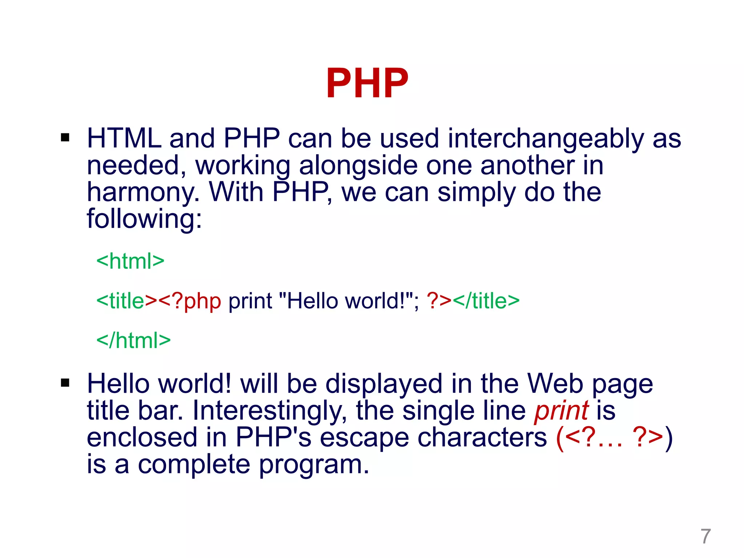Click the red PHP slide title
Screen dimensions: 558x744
coord(367,83)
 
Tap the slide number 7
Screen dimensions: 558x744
coord(705,536)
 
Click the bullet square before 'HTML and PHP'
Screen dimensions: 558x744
coord(65,138)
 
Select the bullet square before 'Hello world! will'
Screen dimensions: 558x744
coord(65,383)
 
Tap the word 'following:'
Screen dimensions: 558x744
coord(144,219)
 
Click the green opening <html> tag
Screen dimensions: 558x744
coord(130,261)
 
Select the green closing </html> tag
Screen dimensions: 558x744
coord(133,340)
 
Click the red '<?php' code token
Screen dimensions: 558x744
coord(190,301)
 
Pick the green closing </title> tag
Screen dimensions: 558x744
coord(486,301)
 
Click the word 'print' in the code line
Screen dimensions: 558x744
coord(250,301)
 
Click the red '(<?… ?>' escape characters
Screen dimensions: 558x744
coord(610,437)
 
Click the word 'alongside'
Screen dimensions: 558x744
coord(358,166)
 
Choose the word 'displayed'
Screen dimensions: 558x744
coord(384,384)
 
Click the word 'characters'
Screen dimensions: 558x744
coord(482,437)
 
